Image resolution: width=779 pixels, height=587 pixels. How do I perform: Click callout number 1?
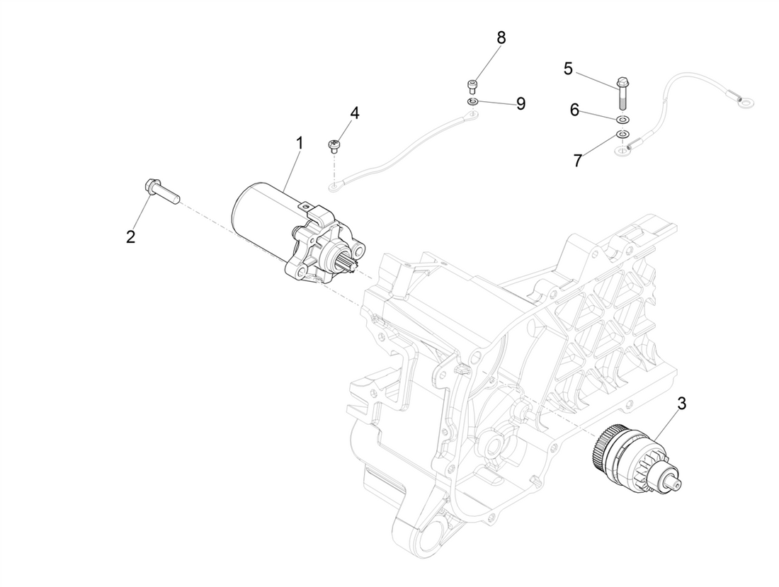tap(300, 143)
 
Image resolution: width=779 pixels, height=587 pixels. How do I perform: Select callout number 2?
tap(130, 236)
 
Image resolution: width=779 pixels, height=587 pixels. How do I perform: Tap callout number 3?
tap(682, 404)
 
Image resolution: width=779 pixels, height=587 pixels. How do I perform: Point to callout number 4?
tap(354, 113)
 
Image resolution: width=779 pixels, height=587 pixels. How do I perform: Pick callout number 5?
tap(568, 69)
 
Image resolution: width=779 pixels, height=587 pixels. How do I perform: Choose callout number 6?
tap(574, 110)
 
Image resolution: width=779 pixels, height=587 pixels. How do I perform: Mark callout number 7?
tap(578, 161)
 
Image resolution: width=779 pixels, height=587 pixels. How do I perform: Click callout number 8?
tap(501, 38)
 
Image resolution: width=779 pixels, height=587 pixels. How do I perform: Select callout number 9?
tap(521, 104)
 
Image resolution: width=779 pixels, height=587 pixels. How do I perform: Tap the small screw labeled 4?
tap(334, 147)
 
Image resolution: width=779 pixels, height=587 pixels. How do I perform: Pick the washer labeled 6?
tap(622, 118)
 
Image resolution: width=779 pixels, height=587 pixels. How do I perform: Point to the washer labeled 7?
tap(622, 134)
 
